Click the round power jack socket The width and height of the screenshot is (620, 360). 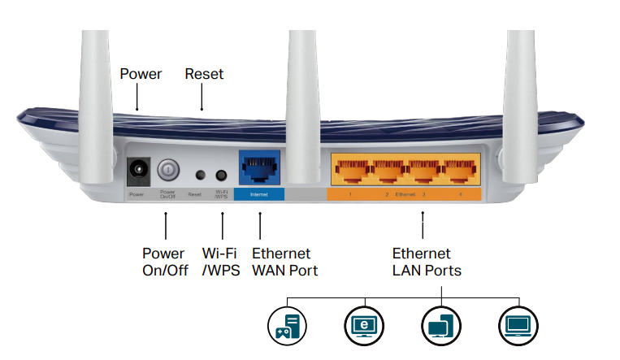[138, 171]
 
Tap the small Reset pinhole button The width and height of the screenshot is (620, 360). [200, 175]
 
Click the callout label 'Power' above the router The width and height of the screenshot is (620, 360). [141, 74]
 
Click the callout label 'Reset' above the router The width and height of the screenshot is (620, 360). [204, 74]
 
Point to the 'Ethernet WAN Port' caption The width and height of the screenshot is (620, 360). [285, 262]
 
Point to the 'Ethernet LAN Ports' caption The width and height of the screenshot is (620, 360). [427, 262]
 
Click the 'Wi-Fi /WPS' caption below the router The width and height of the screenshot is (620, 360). [221, 262]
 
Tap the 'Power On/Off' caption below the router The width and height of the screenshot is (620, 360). [165, 262]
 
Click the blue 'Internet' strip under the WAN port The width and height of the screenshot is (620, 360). [259, 195]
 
